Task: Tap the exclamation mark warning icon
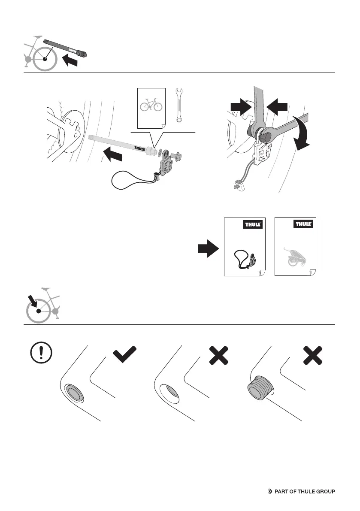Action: coord(42,353)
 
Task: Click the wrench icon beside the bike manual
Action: coord(179,106)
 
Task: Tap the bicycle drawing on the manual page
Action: coord(151,104)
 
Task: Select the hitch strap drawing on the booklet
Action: coord(245,260)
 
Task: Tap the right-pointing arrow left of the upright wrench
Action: coord(240,106)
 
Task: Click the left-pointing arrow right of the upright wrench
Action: coord(276,106)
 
